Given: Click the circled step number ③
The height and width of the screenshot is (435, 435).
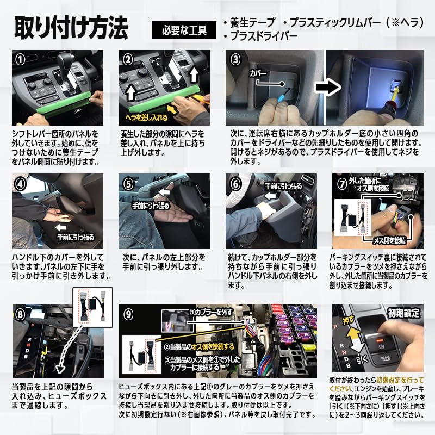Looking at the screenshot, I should (x=235, y=59).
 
